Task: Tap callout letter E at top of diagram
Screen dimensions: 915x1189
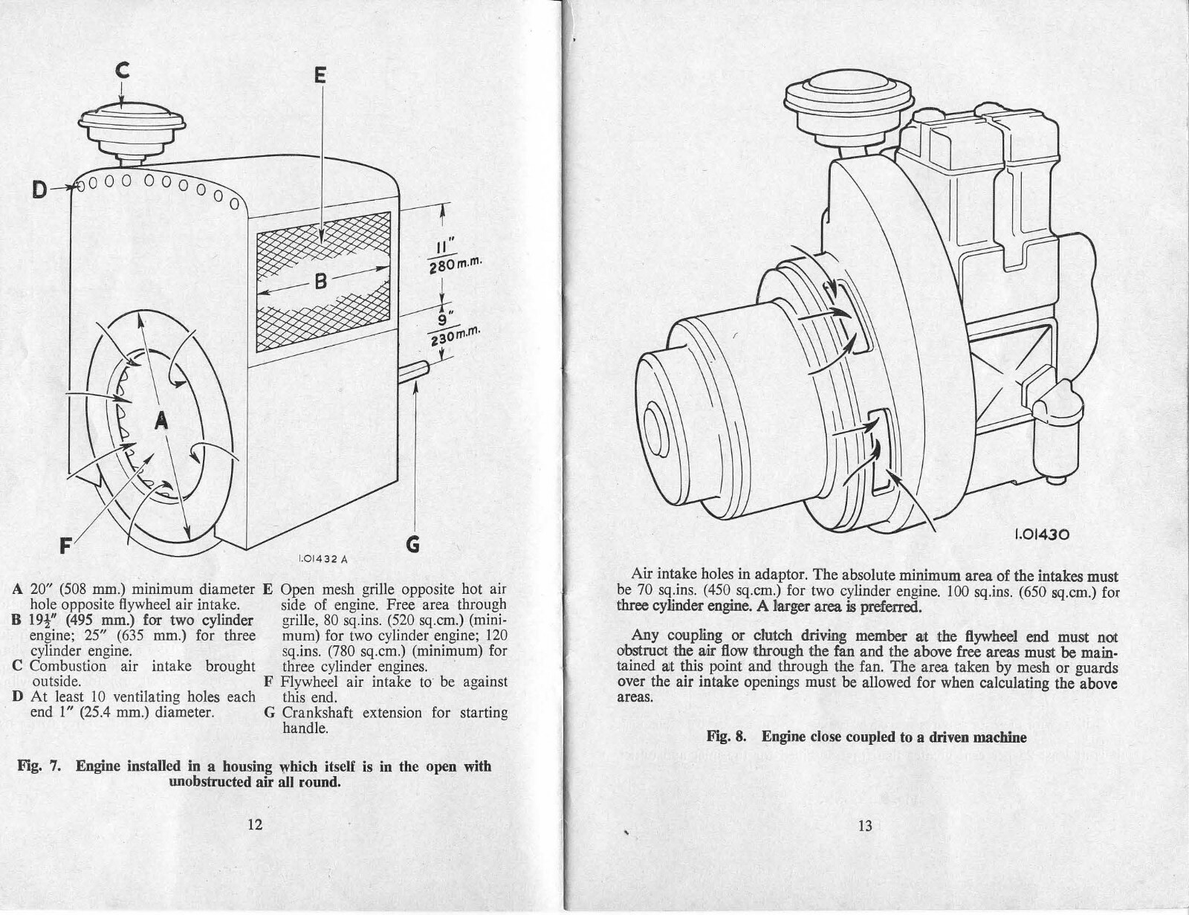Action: pos(320,76)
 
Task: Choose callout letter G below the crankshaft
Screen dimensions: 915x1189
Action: pos(413,545)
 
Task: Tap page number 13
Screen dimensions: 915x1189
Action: pos(864,825)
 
